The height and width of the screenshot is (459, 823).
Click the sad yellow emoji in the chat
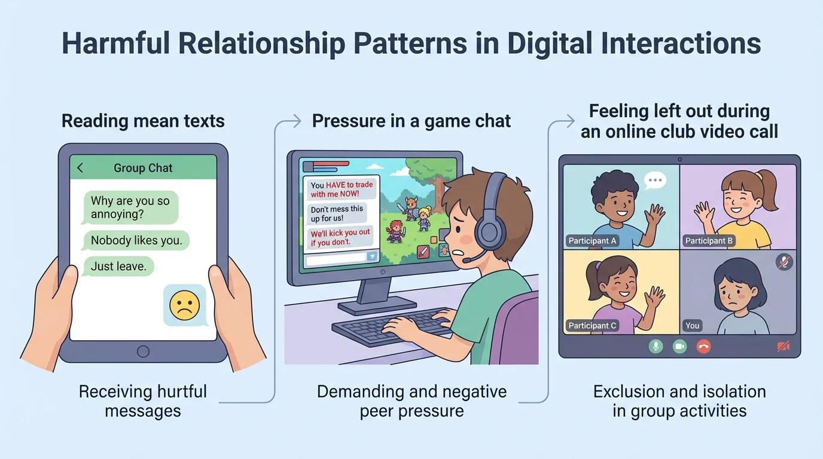[184, 305]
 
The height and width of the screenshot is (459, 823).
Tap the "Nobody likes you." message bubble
[136, 240]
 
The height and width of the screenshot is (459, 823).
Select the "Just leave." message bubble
[118, 266]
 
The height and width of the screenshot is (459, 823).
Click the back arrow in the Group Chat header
[81, 169]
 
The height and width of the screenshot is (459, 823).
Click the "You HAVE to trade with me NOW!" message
[341, 189]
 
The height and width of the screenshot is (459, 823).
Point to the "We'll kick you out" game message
[340, 237]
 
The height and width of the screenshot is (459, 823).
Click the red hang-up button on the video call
[703, 346]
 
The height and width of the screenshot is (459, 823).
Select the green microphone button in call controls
[656, 346]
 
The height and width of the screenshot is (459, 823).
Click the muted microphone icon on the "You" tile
[784, 262]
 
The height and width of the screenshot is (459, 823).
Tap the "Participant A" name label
[592, 241]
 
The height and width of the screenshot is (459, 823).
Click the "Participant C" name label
[592, 326]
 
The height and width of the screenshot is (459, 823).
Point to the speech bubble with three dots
[655, 179]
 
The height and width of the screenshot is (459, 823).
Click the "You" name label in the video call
[692, 326]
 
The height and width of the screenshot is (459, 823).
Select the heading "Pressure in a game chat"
[411, 121]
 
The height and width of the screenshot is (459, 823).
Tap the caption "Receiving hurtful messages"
[142, 401]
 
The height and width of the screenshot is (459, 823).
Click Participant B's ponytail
[767, 190]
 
